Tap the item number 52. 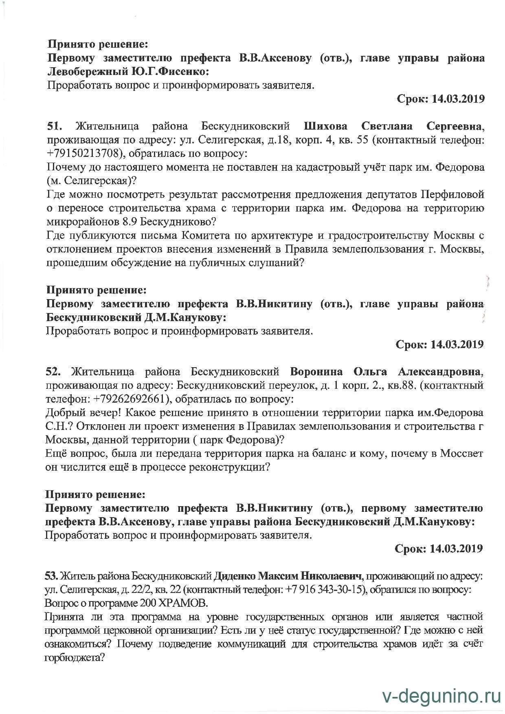pyautogui.click(x=53, y=372)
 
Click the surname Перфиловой pyautogui.click(x=452, y=195)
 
